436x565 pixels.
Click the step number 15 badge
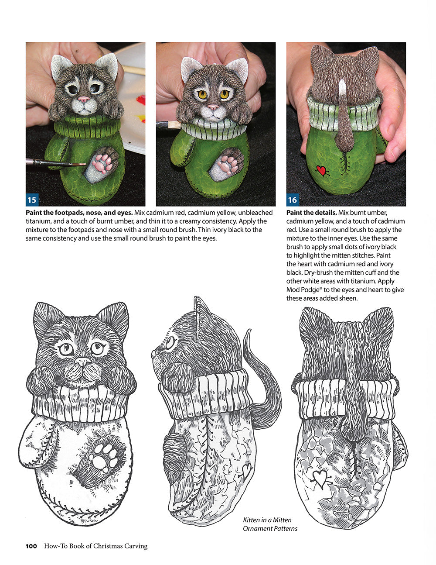pyautogui.click(x=32, y=200)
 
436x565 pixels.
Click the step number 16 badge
pyautogui.click(x=292, y=200)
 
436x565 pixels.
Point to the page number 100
pyautogui.click(x=31, y=546)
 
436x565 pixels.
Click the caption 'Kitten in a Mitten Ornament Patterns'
pyautogui.click(x=270, y=524)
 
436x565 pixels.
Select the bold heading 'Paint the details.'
pyautogui.click(x=311, y=213)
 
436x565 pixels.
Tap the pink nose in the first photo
pyautogui.click(x=84, y=100)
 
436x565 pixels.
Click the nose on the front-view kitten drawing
pyautogui.click(x=82, y=362)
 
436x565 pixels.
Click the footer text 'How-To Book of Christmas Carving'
pyautogui.click(x=95, y=546)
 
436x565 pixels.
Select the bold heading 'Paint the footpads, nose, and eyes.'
pyautogui.click(x=79, y=213)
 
